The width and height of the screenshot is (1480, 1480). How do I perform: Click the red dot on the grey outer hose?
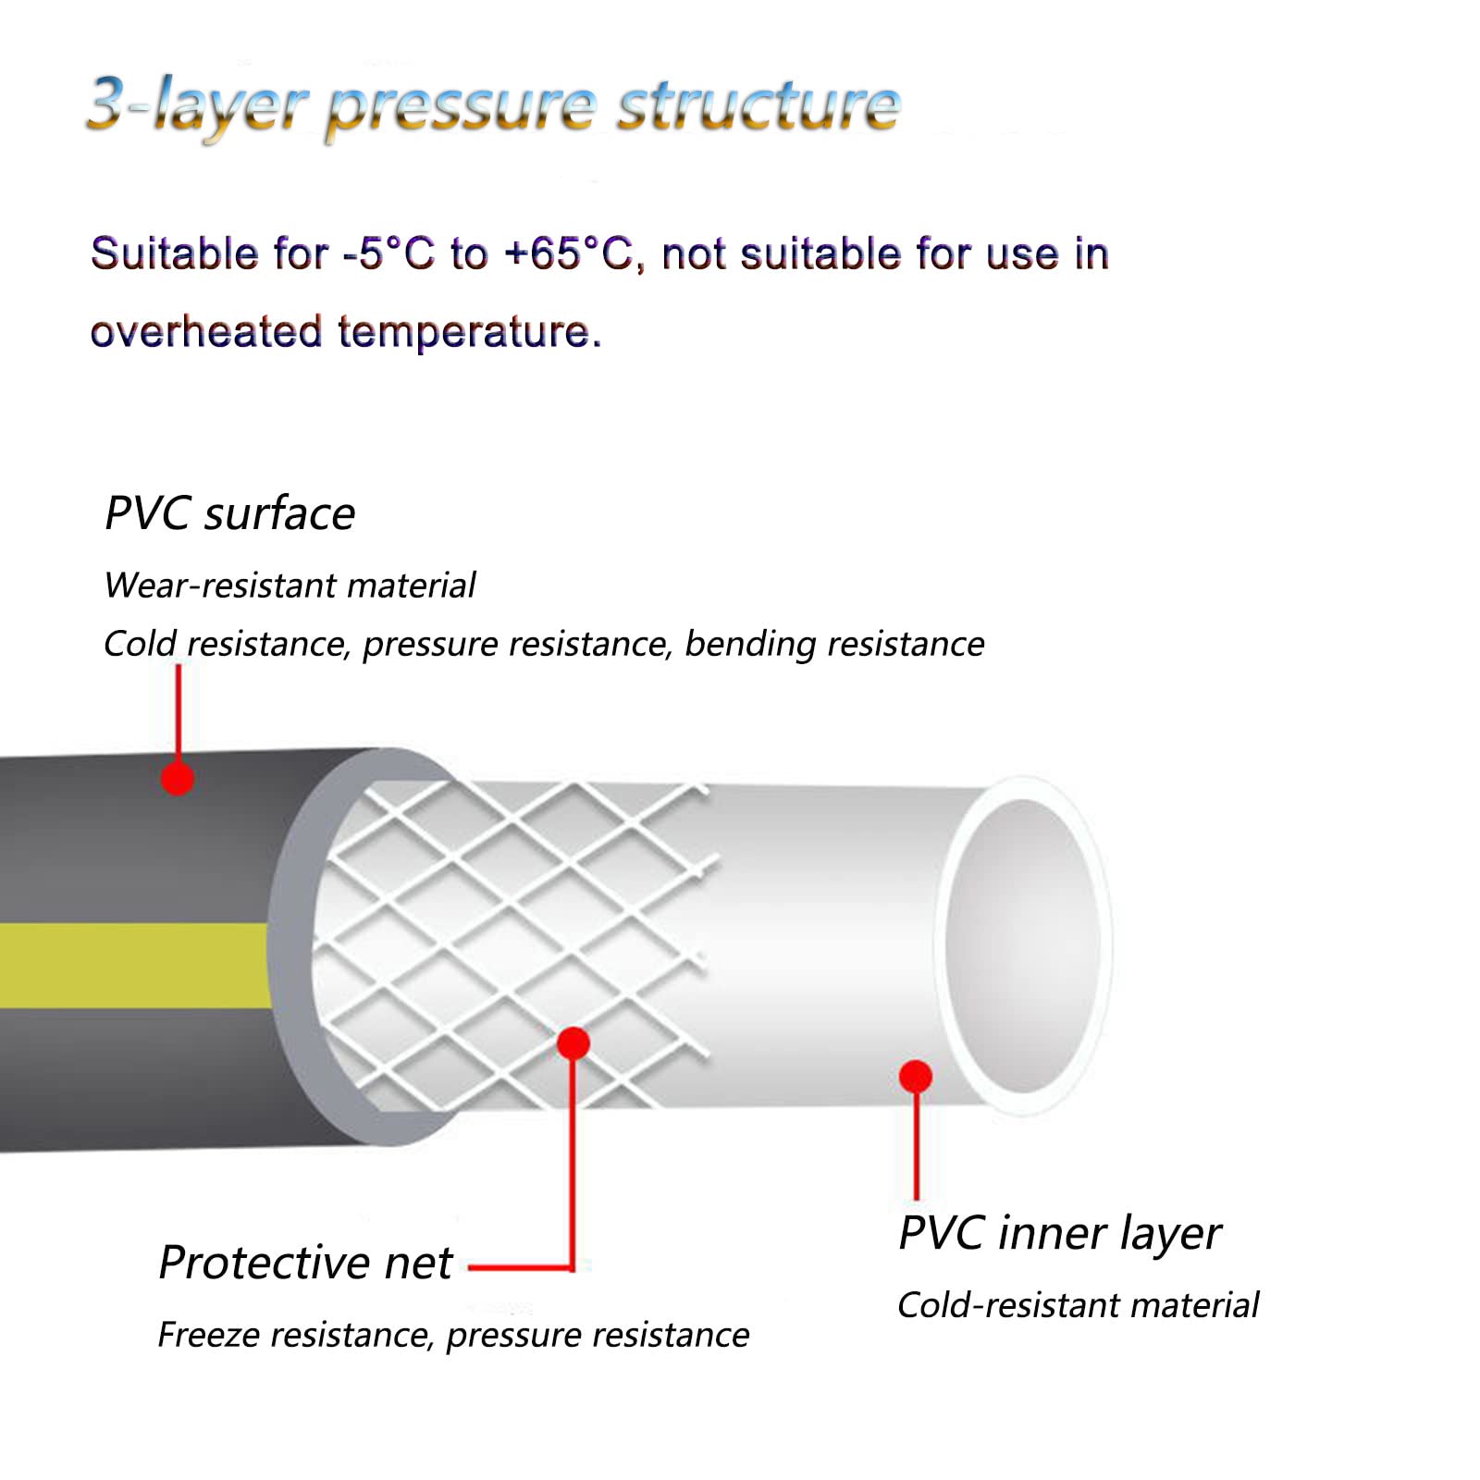178,778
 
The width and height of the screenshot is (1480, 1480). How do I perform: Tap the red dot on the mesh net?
573,1043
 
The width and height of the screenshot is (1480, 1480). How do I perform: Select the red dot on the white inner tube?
915,1076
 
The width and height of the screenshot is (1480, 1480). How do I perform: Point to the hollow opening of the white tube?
1022,944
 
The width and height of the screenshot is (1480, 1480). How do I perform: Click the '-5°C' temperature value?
388,253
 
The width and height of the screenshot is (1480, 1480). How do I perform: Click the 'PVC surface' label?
229,513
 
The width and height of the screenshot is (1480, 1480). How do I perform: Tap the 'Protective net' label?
305,1263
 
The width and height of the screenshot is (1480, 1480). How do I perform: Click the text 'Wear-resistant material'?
290,586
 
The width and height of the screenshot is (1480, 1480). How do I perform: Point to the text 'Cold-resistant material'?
1078,1305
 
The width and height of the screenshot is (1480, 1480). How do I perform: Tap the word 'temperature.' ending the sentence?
470,332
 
